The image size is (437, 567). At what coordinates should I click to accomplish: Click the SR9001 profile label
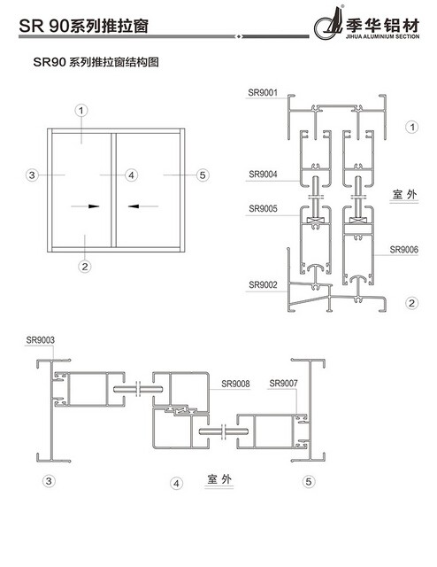coord(263,92)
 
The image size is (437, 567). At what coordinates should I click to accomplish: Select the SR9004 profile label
coord(263,175)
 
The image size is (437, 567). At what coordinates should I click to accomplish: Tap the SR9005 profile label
coord(263,209)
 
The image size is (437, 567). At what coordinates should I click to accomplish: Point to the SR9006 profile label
coord(403,250)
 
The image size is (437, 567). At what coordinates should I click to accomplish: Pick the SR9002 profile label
coord(263,285)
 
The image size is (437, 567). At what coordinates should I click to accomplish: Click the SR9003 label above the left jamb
coord(41,340)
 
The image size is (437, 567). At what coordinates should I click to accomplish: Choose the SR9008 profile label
coord(235,384)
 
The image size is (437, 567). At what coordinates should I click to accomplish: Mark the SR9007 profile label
coord(283,383)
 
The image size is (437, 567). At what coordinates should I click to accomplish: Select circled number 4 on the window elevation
coord(132,175)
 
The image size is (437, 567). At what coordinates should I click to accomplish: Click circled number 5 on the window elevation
coord(203,175)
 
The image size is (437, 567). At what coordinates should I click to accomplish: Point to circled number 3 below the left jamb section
coord(49,481)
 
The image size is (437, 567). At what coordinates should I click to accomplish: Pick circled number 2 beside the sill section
coord(411,303)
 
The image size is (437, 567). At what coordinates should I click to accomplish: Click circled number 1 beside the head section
coord(411,127)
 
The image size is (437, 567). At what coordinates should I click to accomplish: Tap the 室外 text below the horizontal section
coord(219,479)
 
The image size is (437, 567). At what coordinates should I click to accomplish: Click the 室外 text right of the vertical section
coord(404,194)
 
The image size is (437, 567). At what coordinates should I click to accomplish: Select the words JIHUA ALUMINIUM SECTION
coord(382,36)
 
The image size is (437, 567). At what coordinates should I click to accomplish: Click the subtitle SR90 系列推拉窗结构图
coord(96,62)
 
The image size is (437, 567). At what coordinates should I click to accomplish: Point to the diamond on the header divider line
coord(238,36)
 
